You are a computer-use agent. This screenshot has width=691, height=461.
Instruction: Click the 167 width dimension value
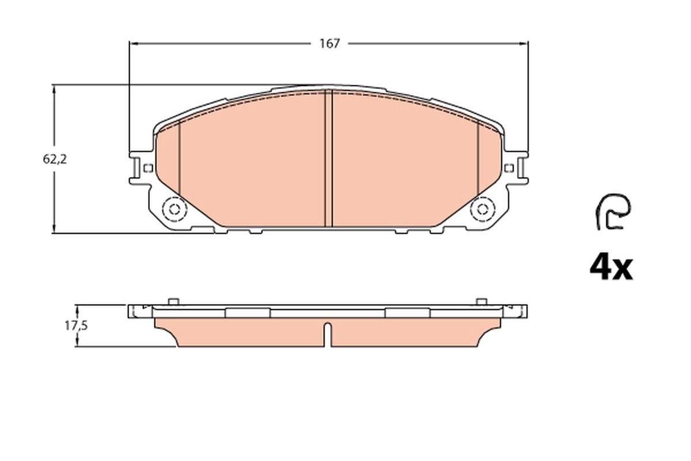(330, 44)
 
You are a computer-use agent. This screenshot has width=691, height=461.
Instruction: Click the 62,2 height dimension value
(55, 160)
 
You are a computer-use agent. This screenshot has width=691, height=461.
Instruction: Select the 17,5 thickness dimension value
(75, 326)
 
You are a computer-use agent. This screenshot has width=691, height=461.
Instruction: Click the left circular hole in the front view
(173, 209)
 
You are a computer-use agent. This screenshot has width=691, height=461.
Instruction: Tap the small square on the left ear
(148, 168)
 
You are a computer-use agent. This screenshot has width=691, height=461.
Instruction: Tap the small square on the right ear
(508, 168)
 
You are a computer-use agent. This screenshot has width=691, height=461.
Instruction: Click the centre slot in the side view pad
(328, 334)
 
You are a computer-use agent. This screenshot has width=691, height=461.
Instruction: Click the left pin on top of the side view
(172, 301)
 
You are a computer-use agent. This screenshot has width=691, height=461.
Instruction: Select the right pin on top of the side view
(481, 301)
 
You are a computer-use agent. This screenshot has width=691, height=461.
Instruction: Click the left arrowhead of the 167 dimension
(133, 44)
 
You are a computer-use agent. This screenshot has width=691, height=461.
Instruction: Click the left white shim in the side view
(248, 312)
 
